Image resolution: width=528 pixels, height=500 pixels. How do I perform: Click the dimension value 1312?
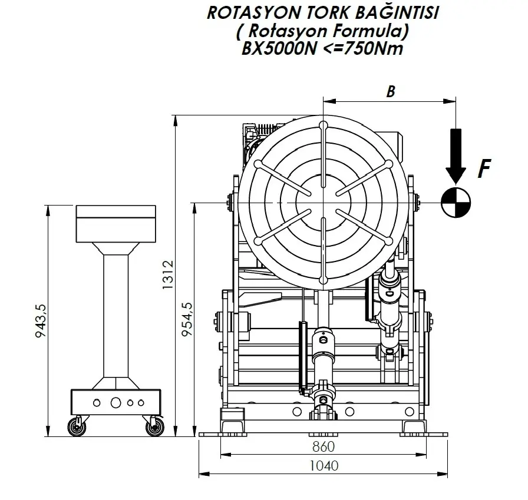[169, 275]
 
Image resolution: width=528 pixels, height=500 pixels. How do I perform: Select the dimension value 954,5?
[188, 319]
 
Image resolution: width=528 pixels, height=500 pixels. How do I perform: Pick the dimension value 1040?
[324, 465]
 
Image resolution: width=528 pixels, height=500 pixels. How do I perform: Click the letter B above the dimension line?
[390, 91]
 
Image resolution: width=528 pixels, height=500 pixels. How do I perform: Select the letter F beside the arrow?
[484, 169]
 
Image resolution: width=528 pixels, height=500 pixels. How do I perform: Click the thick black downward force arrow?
[456, 154]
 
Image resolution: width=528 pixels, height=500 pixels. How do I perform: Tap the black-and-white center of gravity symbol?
[456, 202]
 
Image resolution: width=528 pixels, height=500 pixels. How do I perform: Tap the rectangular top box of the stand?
[115, 223]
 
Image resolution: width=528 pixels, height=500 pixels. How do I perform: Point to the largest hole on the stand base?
[115, 403]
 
